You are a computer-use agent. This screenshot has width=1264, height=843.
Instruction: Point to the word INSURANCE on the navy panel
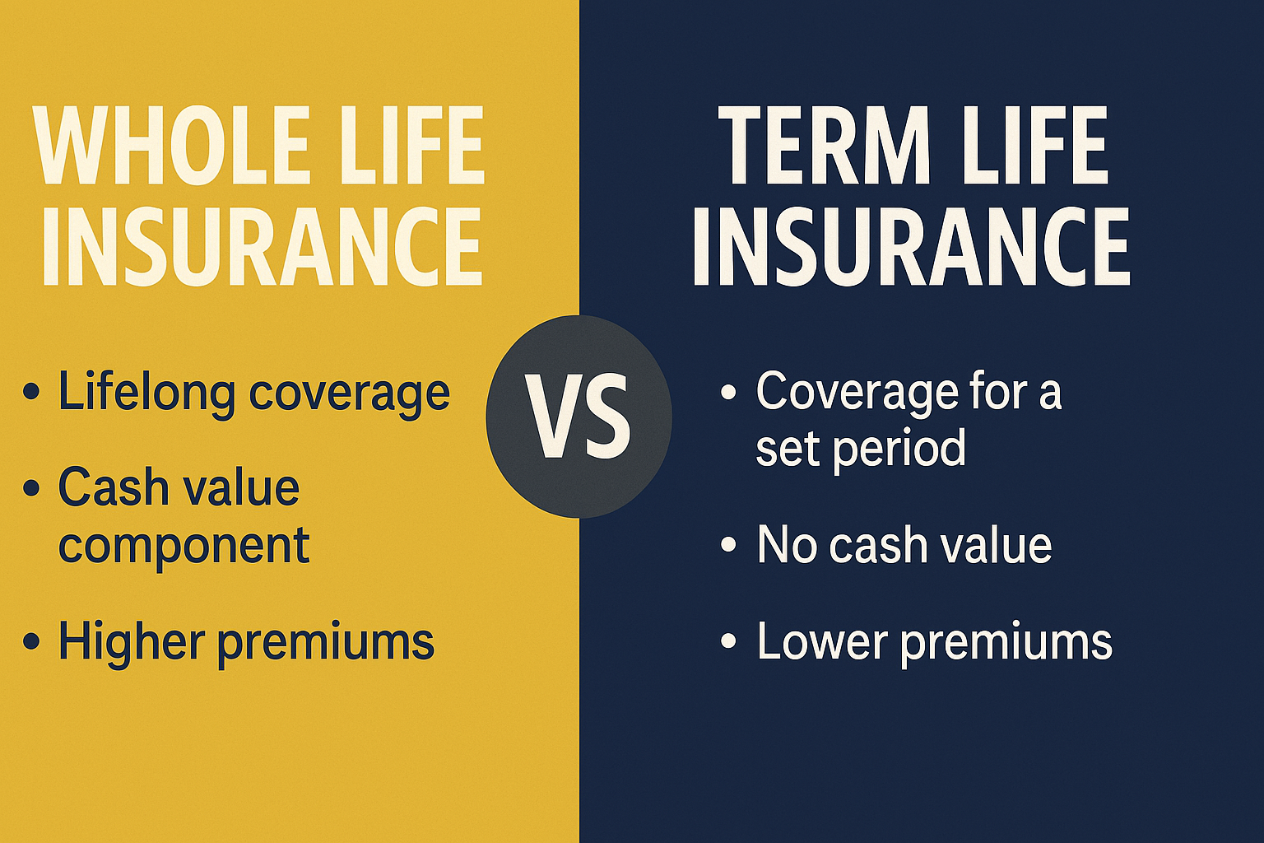pos(911,245)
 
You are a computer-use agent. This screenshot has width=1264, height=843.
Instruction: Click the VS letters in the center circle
pos(579,417)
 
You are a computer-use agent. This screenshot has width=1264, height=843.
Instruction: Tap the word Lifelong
pos(146,392)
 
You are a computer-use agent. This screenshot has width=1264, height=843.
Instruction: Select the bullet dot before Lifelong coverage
pos(31,392)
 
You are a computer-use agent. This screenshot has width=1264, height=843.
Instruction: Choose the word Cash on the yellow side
pos(112,487)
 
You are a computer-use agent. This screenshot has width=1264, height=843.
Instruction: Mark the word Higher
pos(131,641)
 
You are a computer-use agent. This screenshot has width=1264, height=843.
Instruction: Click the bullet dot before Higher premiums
pos(31,641)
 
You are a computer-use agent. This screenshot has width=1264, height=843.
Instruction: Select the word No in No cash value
pos(786,545)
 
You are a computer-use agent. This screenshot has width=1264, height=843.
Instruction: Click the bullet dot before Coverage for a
pos(727,392)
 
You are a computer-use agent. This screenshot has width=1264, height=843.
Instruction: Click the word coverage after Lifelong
pos(349,394)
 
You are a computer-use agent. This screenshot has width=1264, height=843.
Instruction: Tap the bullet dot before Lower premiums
pos(727,641)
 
